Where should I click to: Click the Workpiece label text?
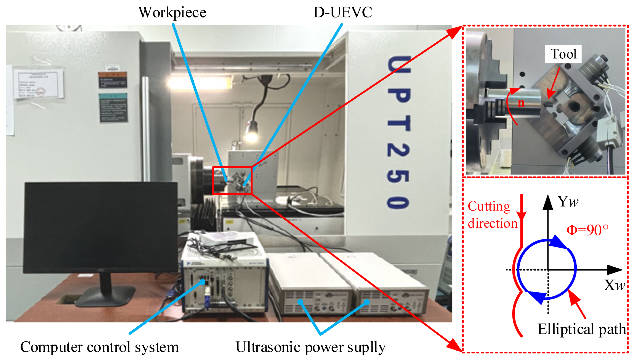[172, 12]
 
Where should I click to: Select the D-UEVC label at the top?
[343, 12]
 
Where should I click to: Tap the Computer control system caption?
[99, 347]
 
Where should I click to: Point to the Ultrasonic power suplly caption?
[310, 347]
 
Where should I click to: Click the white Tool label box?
[563, 54]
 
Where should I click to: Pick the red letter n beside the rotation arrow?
[521, 103]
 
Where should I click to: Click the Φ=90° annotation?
[587, 230]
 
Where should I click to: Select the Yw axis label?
[568, 201]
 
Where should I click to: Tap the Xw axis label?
[614, 285]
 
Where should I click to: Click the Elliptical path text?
[582, 329]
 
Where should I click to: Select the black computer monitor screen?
[101, 227]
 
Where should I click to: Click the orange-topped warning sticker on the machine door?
[113, 80]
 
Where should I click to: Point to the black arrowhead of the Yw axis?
[548, 202]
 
